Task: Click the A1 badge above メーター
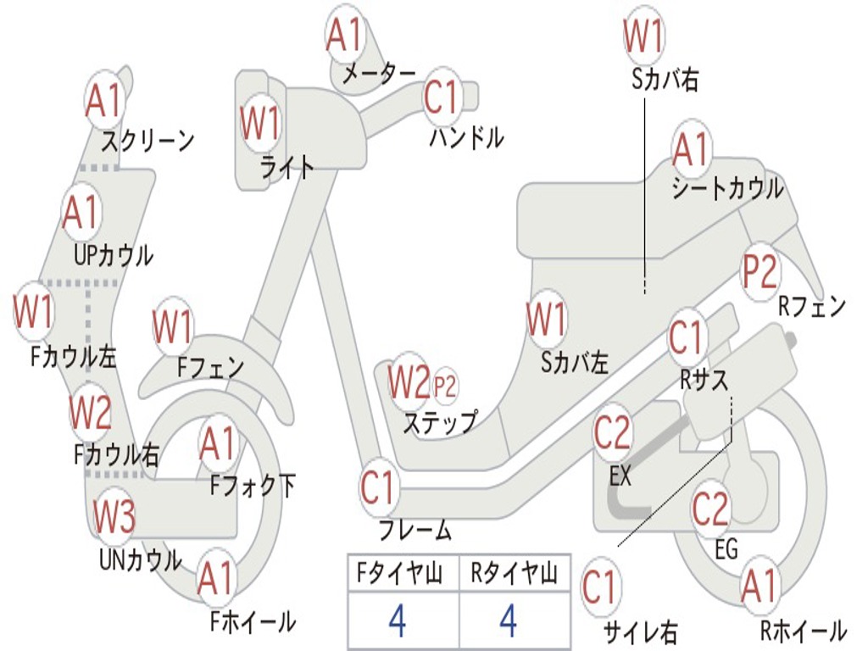[x=344, y=36]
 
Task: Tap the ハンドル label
[x=465, y=136]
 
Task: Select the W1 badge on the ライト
[x=259, y=124]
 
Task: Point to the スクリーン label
[x=147, y=140]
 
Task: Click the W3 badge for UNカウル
[x=114, y=517]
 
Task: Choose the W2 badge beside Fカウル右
[x=90, y=413]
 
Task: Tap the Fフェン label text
[x=210, y=367]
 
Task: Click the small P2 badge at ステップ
[x=445, y=387]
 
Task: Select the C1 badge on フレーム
[x=378, y=488]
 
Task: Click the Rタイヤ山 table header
[x=514, y=576]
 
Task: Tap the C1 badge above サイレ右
[x=599, y=587]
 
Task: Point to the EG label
[x=726, y=549]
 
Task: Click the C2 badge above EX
[x=612, y=433]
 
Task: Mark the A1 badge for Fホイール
[x=215, y=580]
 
